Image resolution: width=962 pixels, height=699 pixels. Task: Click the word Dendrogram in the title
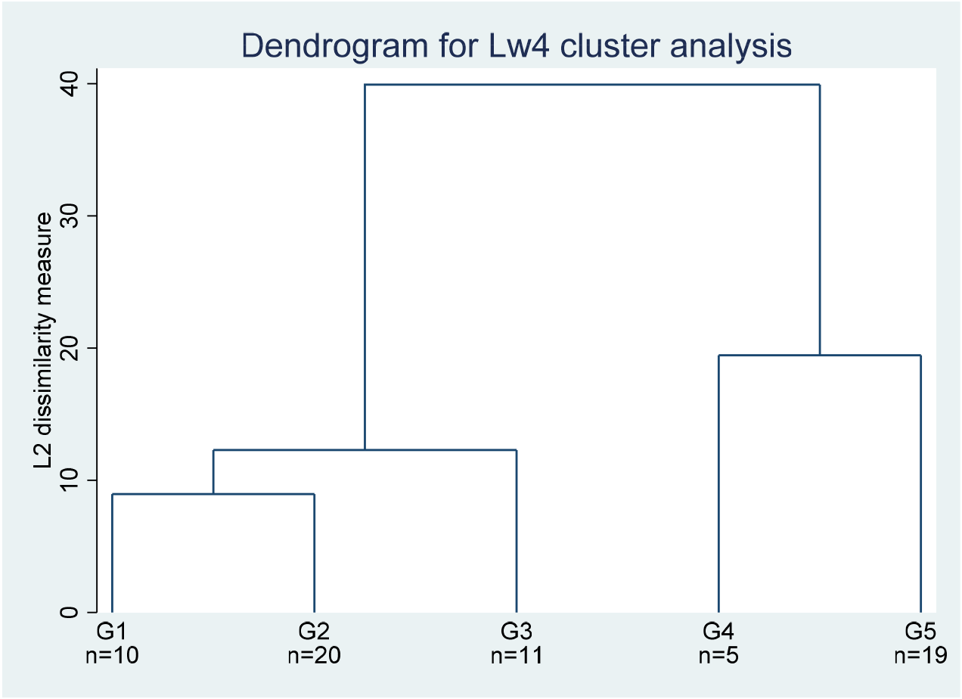click(x=335, y=46)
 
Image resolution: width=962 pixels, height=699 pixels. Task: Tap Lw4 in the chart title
click(x=519, y=45)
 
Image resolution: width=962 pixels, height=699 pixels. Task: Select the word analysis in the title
click(x=731, y=46)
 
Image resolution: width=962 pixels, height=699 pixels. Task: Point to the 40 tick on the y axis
click(x=69, y=84)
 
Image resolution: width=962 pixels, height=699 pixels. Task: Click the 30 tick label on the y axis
click(x=69, y=216)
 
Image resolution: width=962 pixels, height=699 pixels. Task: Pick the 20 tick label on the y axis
click(x=69, y=348)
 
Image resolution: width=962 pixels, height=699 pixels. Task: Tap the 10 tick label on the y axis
click(x=69, y=480)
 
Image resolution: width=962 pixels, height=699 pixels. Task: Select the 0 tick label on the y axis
click(x=69, y=612)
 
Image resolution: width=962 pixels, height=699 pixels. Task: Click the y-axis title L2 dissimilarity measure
click(x=43, y=340)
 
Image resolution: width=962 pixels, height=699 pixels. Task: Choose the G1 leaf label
click(x=112, y=631)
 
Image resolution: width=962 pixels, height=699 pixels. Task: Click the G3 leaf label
click(x=517, y=631)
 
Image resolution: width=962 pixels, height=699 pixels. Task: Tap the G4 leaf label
click(x=718, y=631)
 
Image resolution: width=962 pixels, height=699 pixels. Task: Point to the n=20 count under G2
click(x=315, y=656)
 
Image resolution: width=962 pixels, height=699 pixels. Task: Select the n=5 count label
click(x=718, y=656)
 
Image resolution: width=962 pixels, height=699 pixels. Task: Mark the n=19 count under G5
click(x=920, y=656)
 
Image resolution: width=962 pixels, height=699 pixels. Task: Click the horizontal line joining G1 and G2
click(x=213, y=494)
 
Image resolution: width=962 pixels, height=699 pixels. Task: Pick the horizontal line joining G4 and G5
click(x=820, y=356)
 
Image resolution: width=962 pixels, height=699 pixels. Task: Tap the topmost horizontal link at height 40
click(x=592, y=85)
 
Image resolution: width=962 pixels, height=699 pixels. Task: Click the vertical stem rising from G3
click(x=517, y=531)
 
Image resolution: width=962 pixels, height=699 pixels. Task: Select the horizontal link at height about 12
click(x=365, y=450)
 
